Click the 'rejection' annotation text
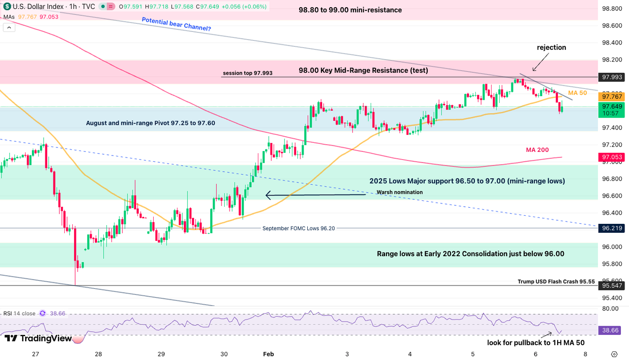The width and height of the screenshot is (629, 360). point(551,47)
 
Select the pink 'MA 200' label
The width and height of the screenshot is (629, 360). point(537,150)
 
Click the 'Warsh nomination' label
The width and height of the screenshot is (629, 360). point(399,192)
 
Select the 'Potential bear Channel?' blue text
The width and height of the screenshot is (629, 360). point(176,23)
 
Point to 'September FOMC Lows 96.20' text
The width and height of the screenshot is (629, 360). point(298,228)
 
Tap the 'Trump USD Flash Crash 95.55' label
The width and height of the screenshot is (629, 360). point(556,282)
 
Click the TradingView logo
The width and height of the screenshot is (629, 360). point(38,338)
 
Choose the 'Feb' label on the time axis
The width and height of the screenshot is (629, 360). point(269,354)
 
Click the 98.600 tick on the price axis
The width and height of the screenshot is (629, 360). point(611,26)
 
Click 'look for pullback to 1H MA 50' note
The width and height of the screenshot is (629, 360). point(536,342)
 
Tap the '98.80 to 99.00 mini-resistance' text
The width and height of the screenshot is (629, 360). point(350,10)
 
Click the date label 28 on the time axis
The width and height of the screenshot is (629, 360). point(98,354)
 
